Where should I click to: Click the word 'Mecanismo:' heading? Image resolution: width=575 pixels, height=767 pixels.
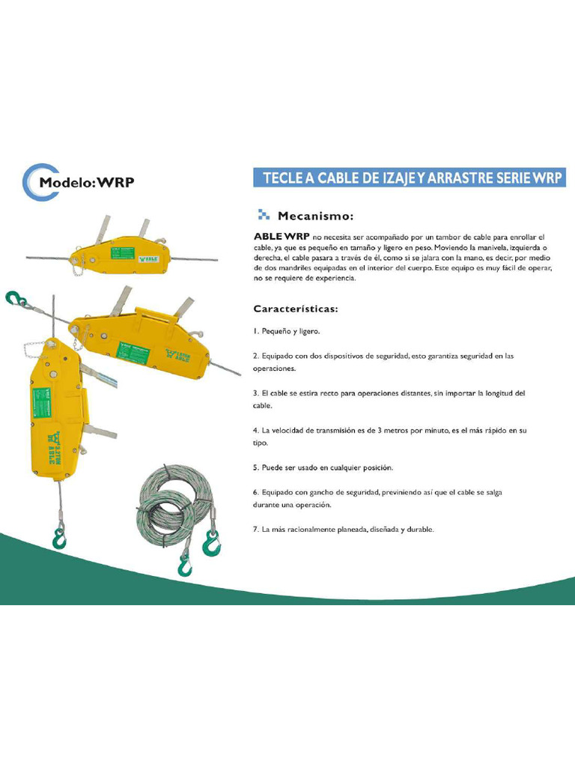(315, 216)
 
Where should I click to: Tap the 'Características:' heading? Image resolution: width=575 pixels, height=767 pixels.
(296, 308)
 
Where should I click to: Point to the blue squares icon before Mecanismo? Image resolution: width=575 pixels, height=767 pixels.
(263, 216)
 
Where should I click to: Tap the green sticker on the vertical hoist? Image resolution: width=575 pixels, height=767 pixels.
(40, 404)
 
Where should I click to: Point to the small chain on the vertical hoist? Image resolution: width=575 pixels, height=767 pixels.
(34, 348)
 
